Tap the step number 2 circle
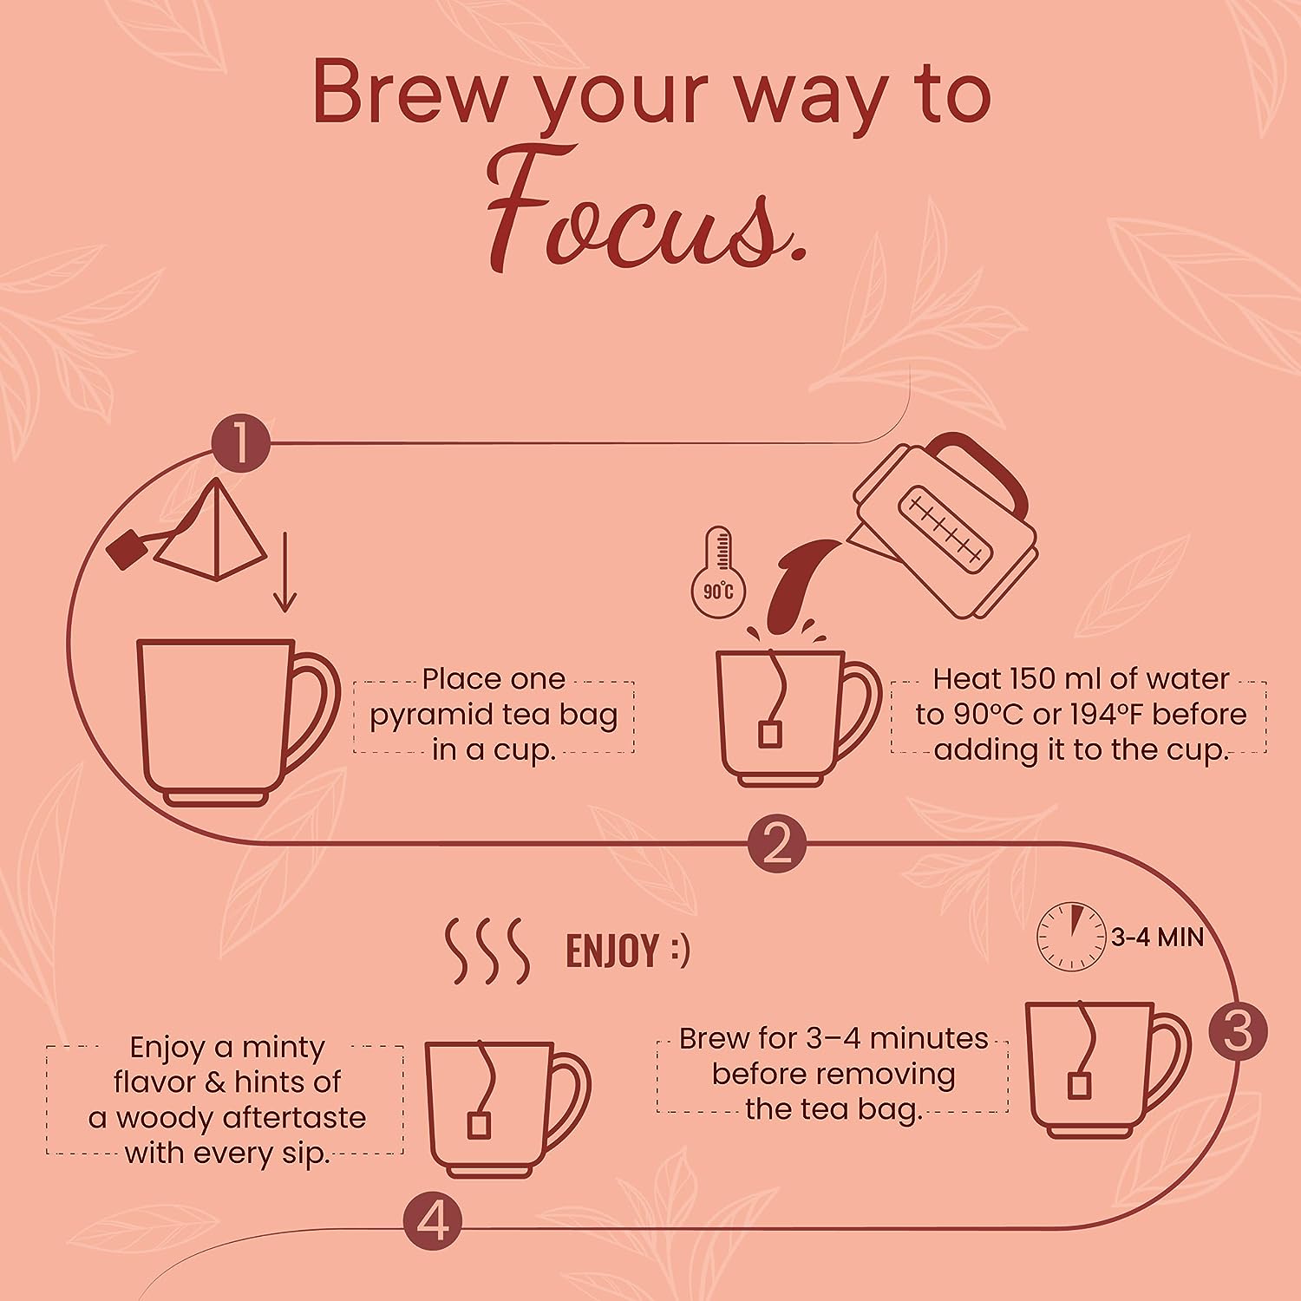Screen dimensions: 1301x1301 click(x=776, y=842)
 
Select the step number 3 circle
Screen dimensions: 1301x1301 click(x=1239, y=1032)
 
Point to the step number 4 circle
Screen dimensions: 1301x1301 click(x=433, y=1224)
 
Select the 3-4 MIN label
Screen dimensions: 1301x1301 click(x=1158, y=937)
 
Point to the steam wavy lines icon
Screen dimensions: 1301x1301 click(x=487, y=951)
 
